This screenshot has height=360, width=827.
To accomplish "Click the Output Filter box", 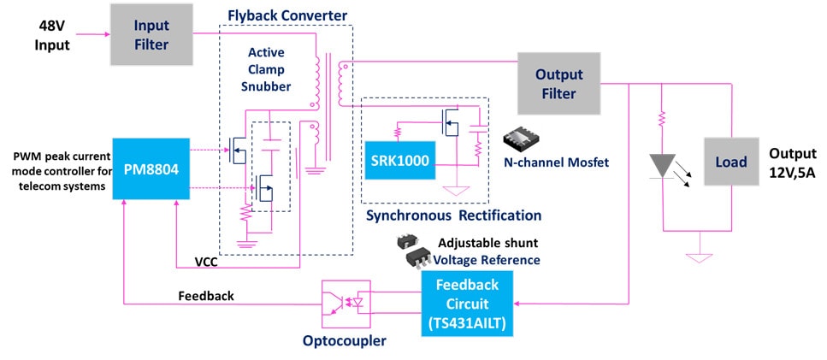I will point(555,83).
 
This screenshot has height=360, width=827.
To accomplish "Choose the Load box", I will point(731,162).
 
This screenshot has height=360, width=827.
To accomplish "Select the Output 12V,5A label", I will point(792,162).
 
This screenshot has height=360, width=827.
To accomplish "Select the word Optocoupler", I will point(344,340).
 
